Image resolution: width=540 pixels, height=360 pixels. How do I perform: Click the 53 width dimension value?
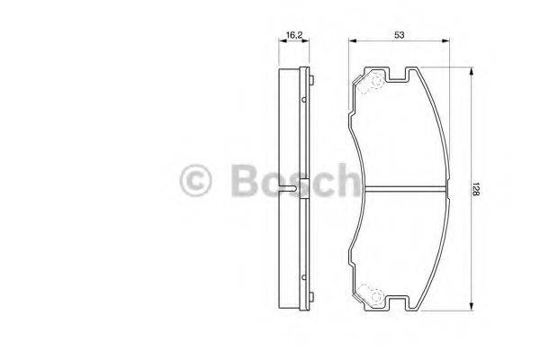(x=398, y=33)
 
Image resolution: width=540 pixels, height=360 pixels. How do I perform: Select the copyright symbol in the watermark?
(x=196, y=180)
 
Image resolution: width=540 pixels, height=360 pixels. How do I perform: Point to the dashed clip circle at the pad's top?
(x=369, y=84)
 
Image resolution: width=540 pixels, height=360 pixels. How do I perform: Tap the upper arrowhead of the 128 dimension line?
(x=471, y=70)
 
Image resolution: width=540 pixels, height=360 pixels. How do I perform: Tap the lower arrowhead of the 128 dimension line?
(x=471, y=309)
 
